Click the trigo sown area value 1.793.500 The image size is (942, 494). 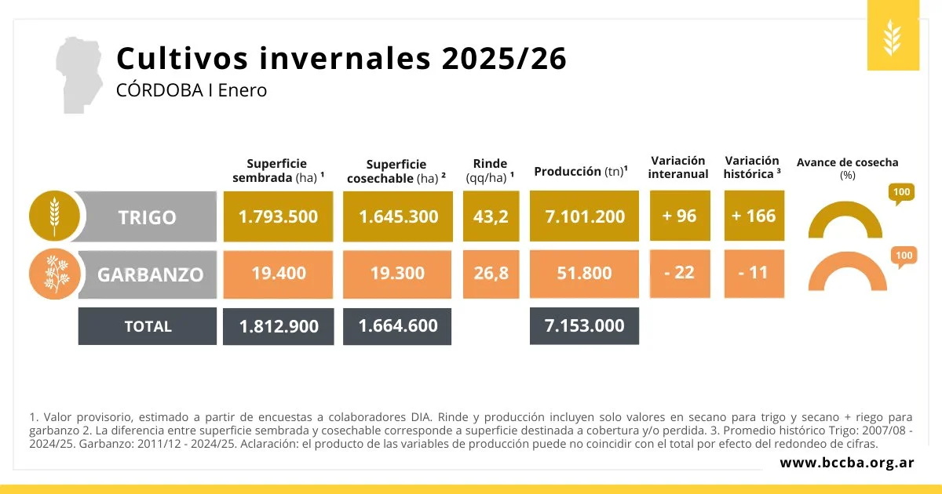click(x=278, y=216)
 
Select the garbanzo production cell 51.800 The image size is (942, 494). click(x=584, y=273)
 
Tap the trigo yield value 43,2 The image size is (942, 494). click(x=491, y=216)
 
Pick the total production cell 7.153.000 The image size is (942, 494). click(x=584, y=325)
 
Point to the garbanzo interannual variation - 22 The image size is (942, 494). click(x=679, y=273)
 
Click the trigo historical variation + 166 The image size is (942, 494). click(x=754, y=216)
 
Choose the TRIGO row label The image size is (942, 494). click(x=148, y=217)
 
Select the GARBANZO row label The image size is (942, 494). click(x=149, y=274)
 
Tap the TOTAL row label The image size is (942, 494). click(x=148, y=326)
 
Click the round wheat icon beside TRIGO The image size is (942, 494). click(x=54, y=216)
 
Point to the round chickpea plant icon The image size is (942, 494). click(x=54, y=274)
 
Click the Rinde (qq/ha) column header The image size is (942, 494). click(x=491, y=170)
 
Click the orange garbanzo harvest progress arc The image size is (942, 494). click(x=847, y=271)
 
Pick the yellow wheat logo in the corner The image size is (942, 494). click(x=893, y=36)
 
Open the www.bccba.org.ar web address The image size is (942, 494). click(x=846, y=463)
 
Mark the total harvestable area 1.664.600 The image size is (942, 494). click(x=398, y=325)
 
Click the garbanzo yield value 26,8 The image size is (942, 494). click(x=491, y=273)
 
